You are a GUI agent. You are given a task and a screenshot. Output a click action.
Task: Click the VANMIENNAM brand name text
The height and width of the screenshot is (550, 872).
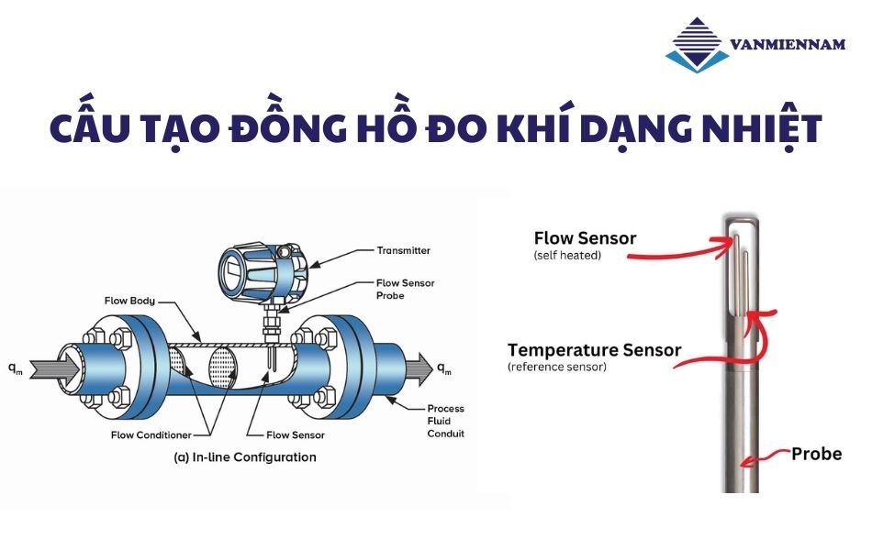pos(787,44)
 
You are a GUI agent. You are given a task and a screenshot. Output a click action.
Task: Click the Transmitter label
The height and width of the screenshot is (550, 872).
pos(403,250)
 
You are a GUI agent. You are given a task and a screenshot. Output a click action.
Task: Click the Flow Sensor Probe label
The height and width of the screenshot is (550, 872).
pos(405,290)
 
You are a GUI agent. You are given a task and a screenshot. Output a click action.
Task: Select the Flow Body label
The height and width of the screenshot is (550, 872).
pos(129,300)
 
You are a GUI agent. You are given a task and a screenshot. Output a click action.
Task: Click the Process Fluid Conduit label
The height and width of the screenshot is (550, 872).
pos(445,421)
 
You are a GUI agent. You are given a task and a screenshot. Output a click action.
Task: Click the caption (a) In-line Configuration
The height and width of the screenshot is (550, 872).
pos(245,456)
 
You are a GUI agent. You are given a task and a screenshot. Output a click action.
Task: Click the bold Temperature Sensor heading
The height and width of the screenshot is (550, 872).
pos(594,350)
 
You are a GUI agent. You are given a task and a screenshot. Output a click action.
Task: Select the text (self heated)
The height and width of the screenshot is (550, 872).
pos(567,256)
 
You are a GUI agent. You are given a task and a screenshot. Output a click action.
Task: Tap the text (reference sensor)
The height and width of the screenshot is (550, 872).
pos(556,367)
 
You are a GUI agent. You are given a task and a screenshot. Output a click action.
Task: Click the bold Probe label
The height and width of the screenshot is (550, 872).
pos(816,454)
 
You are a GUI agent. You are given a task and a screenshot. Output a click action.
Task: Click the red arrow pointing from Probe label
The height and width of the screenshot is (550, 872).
pos(767,456)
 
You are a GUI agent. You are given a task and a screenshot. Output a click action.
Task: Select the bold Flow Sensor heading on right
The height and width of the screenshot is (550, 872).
pos(585,238)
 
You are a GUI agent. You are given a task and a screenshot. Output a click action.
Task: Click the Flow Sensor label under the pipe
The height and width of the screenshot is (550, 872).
pos(295,434)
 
